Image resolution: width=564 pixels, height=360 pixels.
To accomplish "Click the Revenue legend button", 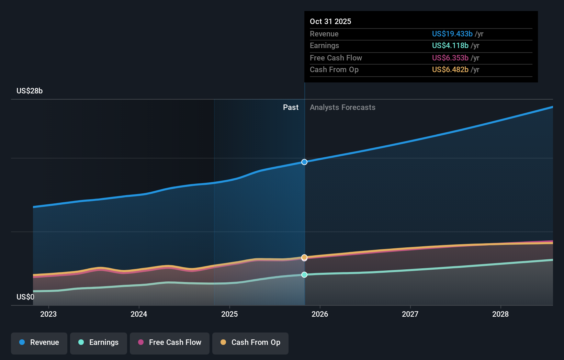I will point(39,342).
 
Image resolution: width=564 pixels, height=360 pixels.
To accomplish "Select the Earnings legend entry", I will point(99,342).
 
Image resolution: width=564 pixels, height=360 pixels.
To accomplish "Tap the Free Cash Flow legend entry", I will point(170,342).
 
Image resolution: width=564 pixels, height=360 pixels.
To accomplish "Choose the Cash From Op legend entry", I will point(250,342).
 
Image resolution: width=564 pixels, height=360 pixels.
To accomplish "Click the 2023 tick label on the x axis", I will point(48,314).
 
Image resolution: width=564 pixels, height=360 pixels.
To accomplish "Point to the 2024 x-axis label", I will point(139,314).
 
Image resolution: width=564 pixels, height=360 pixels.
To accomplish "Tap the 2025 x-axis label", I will point(229,314).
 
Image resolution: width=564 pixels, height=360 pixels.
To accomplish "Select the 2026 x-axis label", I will point(320,314).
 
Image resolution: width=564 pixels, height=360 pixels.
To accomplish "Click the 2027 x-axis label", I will point(410,314).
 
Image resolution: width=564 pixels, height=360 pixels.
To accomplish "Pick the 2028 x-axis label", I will point(500,314).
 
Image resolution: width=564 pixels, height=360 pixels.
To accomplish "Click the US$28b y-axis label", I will point(30,91).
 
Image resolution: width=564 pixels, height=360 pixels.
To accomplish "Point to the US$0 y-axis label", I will point(25,297).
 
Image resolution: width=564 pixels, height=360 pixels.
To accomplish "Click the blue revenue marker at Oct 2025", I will point(304,162).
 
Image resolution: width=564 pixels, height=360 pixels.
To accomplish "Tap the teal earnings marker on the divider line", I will point(304,274).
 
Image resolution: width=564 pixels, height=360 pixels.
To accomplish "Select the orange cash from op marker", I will point(304,257).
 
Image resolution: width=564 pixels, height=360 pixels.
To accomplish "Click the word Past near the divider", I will point(291,107).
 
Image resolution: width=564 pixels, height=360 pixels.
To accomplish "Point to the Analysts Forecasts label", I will point(342,107).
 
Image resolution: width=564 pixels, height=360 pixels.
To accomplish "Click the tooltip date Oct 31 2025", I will point(330,21).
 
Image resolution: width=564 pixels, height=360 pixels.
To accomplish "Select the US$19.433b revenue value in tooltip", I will point(452,34).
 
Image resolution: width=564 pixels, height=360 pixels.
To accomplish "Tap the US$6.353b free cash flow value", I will point(450,58).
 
